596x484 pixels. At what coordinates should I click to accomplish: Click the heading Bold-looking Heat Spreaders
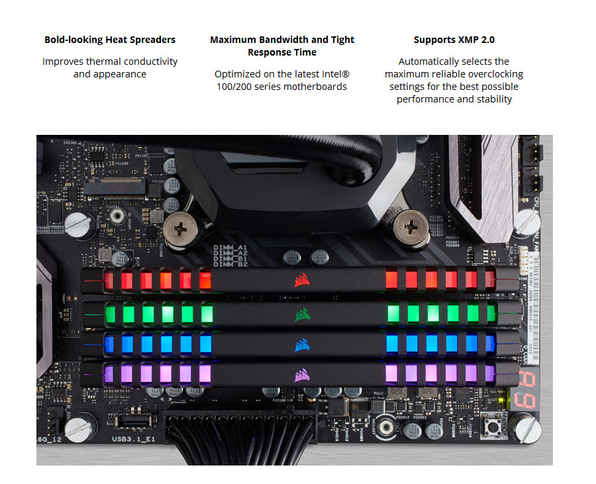[x=110, y=40]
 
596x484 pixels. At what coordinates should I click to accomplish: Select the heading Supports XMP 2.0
[x=454, y=40]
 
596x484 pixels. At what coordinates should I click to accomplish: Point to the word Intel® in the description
[x=350, y=74]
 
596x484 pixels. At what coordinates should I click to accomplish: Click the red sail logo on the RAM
[x=302, y=280]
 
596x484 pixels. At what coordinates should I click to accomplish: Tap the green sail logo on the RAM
[x=302, y=313]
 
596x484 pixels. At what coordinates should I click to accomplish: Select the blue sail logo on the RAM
[x=302, y=344]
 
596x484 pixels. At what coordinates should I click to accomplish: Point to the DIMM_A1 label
[x=230, y=247]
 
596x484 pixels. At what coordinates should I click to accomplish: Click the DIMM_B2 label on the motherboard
[x=230, y=264]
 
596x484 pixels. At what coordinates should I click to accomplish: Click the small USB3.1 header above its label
[x=132, y=420]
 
